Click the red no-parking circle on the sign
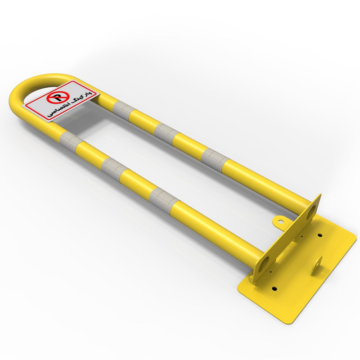(57, 99)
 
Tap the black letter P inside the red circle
(57, 99)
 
